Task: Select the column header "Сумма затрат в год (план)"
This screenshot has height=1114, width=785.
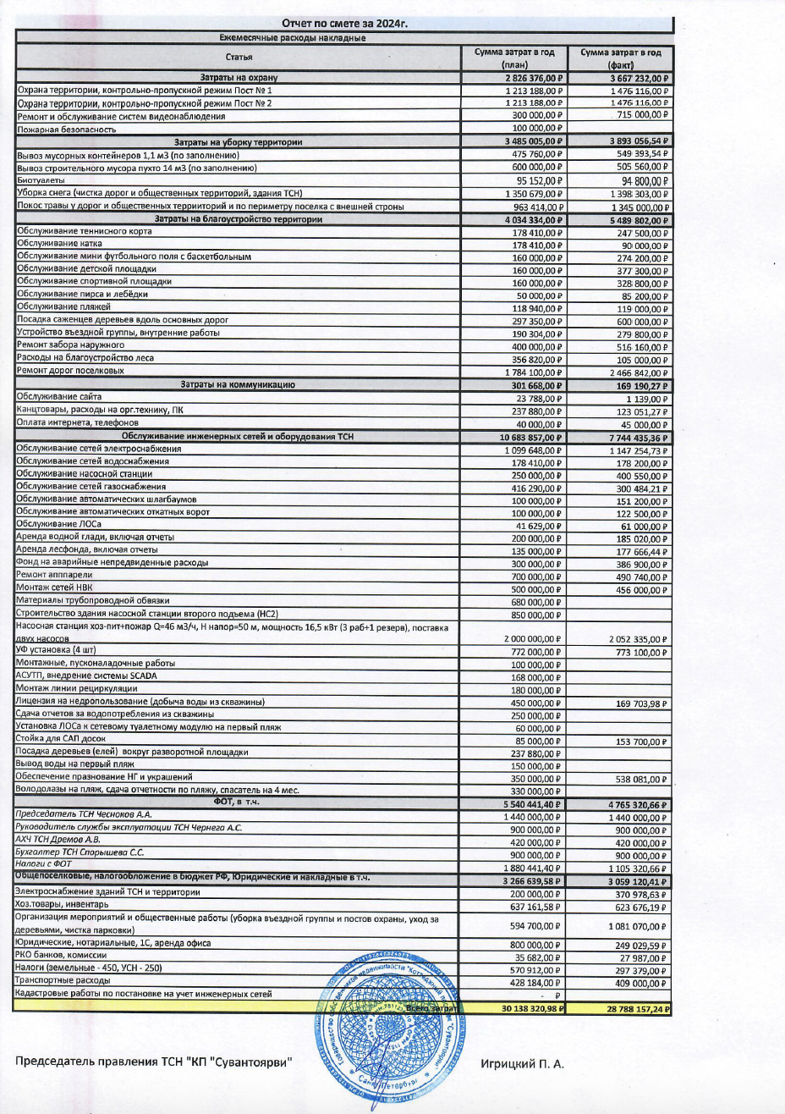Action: (514, 58)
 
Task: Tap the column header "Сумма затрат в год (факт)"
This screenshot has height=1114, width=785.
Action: (621, 58)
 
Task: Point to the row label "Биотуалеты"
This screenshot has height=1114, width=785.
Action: (40, 180)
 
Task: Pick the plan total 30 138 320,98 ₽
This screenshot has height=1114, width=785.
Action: (521, 1009)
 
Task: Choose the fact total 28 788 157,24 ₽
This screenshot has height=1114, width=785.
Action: (627, 1009)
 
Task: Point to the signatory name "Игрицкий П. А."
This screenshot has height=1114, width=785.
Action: (522, 1063)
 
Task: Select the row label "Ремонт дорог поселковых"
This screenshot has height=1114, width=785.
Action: (70, 371)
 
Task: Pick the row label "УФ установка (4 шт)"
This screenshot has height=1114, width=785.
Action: (56, 649)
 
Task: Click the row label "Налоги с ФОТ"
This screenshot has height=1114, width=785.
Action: (45, 863)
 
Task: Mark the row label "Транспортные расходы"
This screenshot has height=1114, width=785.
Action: (59, 980)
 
